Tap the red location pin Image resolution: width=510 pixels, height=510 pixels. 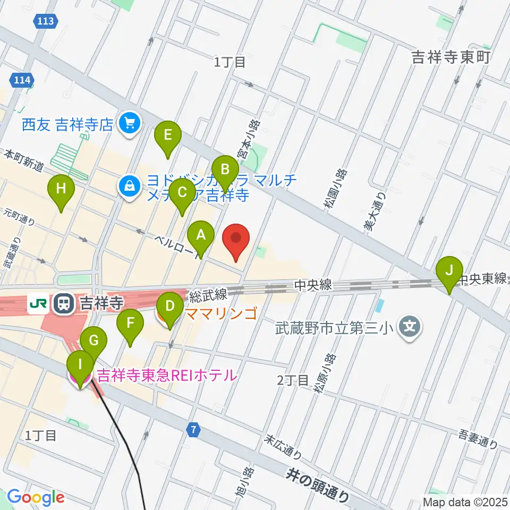tap(237, 240)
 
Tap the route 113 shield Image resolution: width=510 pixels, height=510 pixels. tap(46, 21)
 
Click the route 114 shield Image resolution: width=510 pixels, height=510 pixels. tap(22, 81)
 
